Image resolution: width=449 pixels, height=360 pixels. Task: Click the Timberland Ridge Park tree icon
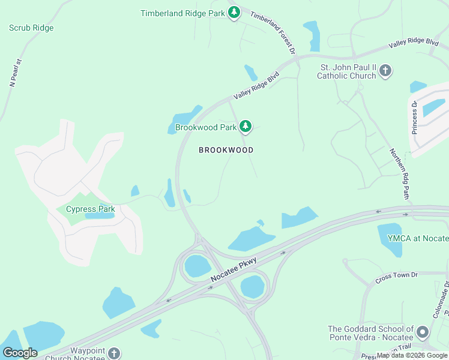pos(234,13)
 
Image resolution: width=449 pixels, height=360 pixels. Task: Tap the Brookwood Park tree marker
pos(245,127)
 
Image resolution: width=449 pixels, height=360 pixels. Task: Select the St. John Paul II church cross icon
pos(385,71)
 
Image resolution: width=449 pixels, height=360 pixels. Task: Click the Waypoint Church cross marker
pos(114,353)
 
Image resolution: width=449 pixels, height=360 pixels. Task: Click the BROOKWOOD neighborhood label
pos(226,150)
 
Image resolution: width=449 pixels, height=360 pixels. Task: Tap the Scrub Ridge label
pos(31,28)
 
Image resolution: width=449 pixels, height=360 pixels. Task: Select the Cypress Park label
pos(90,209)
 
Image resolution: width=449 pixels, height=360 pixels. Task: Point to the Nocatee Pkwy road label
pos(234,271)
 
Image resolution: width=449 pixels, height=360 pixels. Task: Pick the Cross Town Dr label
pos(396,275)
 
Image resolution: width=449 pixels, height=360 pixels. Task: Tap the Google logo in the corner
pos(20,353)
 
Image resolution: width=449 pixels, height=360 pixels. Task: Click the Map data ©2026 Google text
pos(411,355)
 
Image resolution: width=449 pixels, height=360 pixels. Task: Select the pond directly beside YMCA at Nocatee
pos(390,238)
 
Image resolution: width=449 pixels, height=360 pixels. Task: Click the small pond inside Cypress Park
pos(100,215)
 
